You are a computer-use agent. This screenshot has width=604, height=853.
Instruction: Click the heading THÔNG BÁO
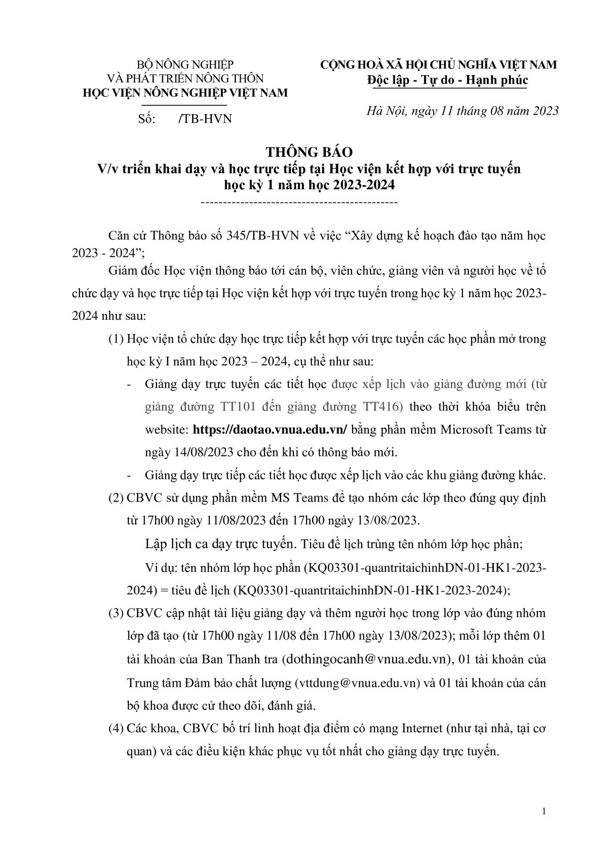point(309,152)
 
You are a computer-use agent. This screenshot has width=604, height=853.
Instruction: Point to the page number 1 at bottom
point(544,812)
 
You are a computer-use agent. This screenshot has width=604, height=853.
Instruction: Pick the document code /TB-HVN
point(205,119)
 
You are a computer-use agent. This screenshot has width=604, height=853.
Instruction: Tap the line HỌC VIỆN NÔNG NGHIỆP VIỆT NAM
point(186,92)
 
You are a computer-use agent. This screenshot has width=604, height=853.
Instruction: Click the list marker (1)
point(116,339)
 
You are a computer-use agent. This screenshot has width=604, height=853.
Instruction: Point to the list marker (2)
point(116,498)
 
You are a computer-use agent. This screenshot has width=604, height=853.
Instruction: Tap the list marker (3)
point(116,613)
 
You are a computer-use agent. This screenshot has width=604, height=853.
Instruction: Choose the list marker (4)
point(116,729)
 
